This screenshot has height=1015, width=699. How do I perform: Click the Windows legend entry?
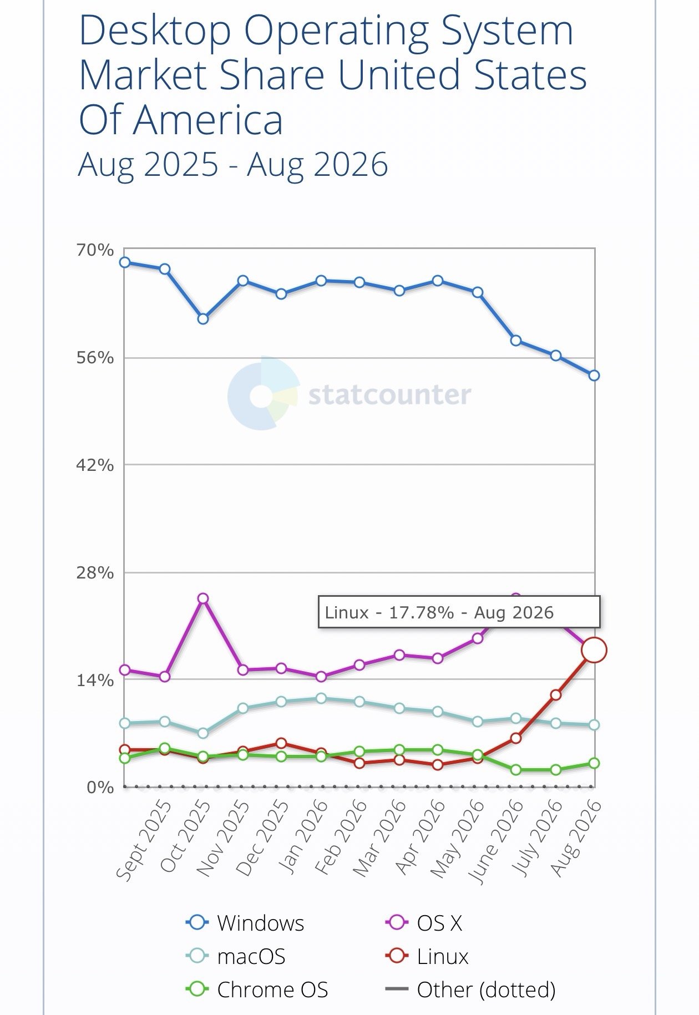point(245,923)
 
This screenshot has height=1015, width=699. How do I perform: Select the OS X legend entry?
point(423,923)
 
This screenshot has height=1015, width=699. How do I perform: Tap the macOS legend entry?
point(236,956)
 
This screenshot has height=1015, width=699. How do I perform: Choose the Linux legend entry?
point(427,956)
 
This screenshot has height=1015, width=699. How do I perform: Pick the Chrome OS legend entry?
point(257,989)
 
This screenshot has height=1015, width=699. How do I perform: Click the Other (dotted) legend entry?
point(470,989)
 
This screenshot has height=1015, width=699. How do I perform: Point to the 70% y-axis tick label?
point(95,250)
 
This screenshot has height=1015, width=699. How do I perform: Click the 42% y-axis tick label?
point(95,465)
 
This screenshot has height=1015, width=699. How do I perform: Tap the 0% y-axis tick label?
point(100,788)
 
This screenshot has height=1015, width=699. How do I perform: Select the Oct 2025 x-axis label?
point(185,836)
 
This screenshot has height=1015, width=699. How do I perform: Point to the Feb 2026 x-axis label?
point(341,837)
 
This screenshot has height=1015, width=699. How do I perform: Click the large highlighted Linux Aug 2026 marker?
point(594,650)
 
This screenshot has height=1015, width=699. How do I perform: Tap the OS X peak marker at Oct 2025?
point(203,598)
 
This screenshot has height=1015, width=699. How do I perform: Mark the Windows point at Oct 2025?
point(203,319)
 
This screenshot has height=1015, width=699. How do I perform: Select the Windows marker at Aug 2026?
point(594,375)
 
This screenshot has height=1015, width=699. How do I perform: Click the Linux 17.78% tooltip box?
point(459,612)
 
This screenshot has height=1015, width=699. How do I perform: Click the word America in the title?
point(208,120)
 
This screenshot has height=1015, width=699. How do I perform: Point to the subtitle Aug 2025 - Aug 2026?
point(233,165)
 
